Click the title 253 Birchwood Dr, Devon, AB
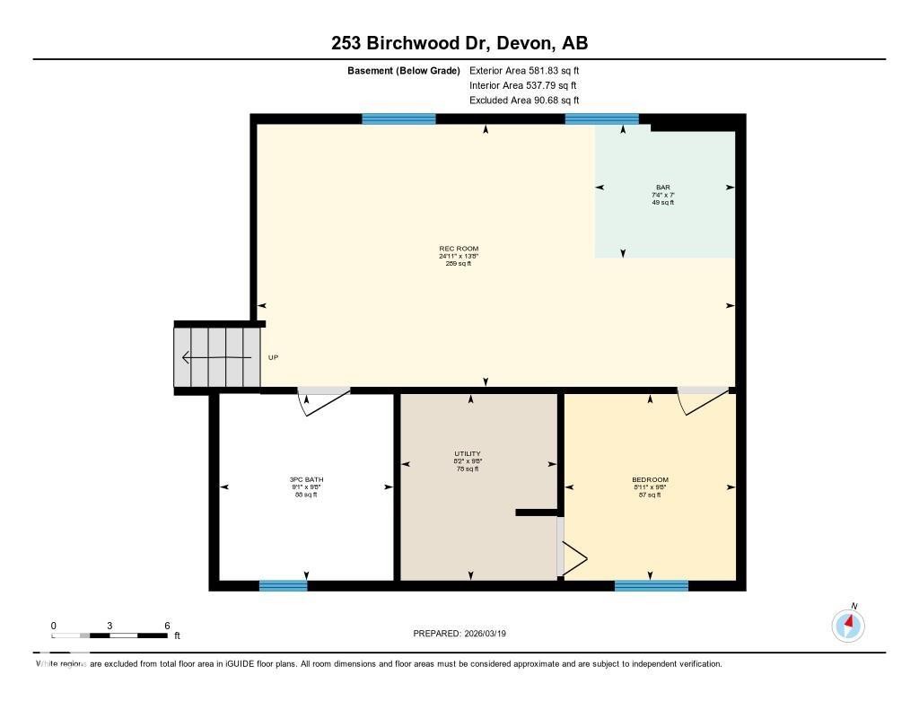pos(459,43)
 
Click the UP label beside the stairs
pos(274,357)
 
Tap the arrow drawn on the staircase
pos(215,357)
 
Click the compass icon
pos(848,625)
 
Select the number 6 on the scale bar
pos(167,625)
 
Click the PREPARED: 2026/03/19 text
pos(466,633)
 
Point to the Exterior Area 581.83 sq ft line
pos(530,70)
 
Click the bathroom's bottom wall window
pos(283,586)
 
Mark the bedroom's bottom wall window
pos(651,586)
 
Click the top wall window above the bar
pos(601,118)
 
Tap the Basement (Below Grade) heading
pos(404,70)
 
